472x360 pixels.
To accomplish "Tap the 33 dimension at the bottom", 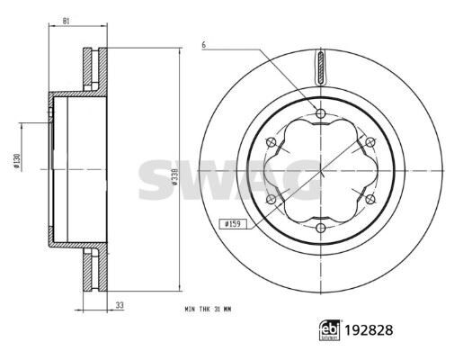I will coord(120,307).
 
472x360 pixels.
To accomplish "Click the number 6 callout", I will coord(205,44).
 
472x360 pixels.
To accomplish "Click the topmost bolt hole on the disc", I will coord(321,113).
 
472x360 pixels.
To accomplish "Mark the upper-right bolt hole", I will coord(370,141).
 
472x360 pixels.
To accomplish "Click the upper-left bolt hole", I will coord(272,141).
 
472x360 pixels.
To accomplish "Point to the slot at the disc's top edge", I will coord(321,67).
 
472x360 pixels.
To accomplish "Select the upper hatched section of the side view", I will coord(93,68).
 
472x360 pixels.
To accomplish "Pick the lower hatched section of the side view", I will coord(93,271).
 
